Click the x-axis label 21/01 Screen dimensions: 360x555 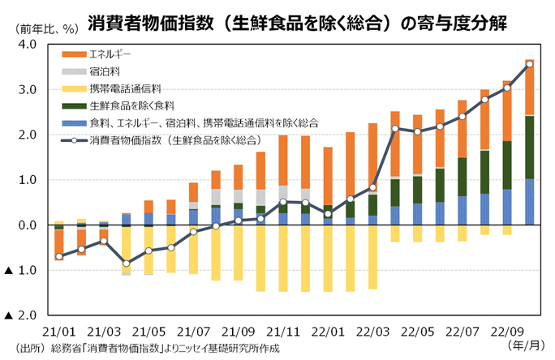(58, 331)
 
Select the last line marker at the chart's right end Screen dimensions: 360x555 (529, 64)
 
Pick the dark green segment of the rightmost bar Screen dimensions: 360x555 (529, 147)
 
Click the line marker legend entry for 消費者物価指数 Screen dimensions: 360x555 (73, 139)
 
